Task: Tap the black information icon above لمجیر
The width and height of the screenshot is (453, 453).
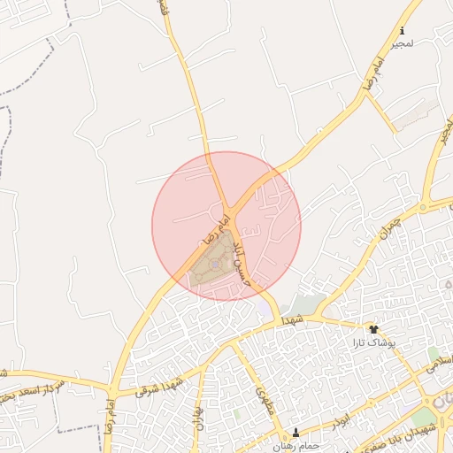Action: point(403,29)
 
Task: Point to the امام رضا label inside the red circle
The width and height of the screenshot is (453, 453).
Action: point(217,226)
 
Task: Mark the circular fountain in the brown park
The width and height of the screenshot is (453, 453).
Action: point(215,263)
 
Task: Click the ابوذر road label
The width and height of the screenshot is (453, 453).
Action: point(352,413)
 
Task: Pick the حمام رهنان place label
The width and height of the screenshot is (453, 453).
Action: point(296,447)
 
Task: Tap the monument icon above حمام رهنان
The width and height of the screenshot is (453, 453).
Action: point(296,434)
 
